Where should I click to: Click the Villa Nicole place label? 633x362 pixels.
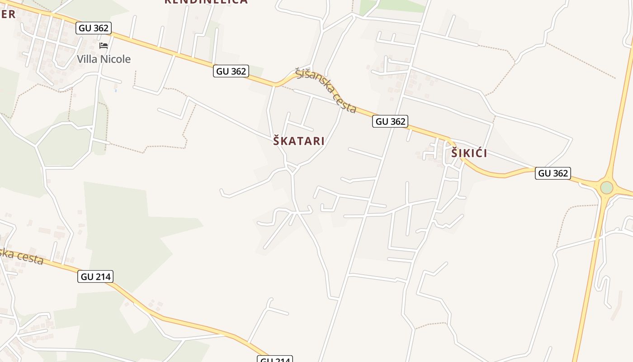pyautogui.click(x=104, y=59)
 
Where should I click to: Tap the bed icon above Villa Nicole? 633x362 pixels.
pyautogui.click(x=104, y=46)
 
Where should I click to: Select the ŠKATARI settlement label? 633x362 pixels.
pyautogui.click(x=299, y=141)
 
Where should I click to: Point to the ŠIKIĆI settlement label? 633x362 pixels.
pyautogui.click(x=469, y=153)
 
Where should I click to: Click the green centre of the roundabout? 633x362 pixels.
pyautogui.click(x=606, y=187)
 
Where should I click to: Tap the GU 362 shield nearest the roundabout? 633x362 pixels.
pyautogui.click(x=553, y=173)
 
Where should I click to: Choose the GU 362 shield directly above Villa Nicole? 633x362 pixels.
pyautogui.click(x=94, y=28)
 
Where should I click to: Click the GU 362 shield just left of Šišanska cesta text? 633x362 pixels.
pyautogui.click(x=231, y=71)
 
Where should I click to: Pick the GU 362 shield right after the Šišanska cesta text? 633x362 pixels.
pyautogui.click(x=390, y=121)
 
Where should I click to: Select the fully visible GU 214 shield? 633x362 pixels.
pyautogui.click(x=95, y=276)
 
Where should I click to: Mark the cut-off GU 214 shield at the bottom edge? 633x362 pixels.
pyautogui.click(x=275, y=359)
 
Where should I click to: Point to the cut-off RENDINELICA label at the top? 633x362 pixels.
pyautogui.click(x=206, y=2)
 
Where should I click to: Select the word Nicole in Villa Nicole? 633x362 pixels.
pyautogui.click(x=116, y=59)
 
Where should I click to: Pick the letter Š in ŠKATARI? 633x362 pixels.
pyautogui.click(x=277, y=140)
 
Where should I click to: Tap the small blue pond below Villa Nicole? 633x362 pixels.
pyautogui.click(x=116, y=90)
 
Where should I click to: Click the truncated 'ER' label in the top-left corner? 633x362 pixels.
pyautogui.click(x=8, y=14)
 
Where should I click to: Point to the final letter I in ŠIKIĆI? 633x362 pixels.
pyautogui.click(x=485, y=154)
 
